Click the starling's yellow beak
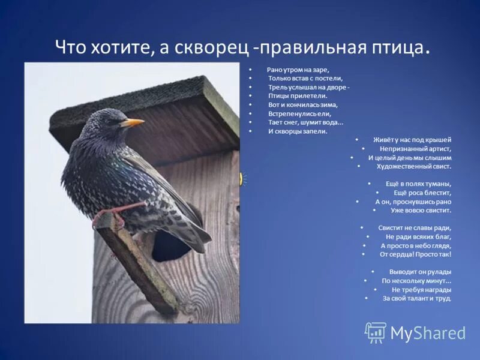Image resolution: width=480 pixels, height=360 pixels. [x=133, y=122]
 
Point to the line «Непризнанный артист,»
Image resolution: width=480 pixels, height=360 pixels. [x=415, y=148]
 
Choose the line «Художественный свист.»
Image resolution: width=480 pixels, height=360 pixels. [x=414, y=166]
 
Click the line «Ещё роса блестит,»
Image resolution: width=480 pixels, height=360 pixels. [x=422, y=193]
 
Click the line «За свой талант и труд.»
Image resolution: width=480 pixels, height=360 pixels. [x=417, y=298]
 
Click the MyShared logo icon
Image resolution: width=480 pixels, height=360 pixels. [x=376, y=332]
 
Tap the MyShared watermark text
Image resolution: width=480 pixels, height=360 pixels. [x=428, y=333]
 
